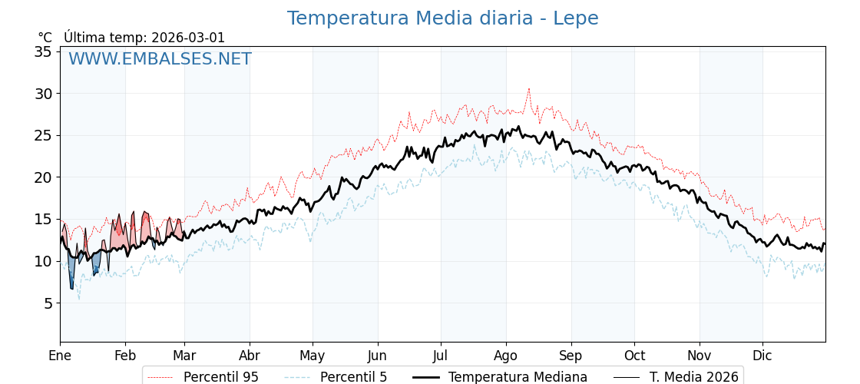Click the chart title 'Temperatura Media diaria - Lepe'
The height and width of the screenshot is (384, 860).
tap(442, 18)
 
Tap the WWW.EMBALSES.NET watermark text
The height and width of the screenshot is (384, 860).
tap(160, 59)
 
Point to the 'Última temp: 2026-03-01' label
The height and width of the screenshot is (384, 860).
tap(144, 38)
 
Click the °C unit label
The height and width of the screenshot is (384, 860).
tap(45, 38)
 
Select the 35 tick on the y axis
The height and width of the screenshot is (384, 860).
tap(43, 51)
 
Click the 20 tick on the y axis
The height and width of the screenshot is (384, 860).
tap(43, 177)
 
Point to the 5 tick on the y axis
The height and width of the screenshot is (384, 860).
tap(47, 303)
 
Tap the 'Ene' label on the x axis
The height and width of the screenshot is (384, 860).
tap(60, 356)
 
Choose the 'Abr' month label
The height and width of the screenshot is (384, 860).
tap(250, 356)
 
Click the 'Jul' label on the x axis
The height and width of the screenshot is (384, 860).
tap(441, 356)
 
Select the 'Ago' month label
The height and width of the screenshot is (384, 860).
tap(506, 356)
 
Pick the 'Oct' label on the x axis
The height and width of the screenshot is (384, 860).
tap(634, 356)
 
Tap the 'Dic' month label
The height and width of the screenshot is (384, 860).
tap(762, 356)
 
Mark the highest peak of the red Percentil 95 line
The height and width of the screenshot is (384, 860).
tap(528, 89)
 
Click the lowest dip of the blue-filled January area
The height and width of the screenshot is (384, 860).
tap(71, 289)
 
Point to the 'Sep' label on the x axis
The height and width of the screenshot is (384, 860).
tap(571, 356)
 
